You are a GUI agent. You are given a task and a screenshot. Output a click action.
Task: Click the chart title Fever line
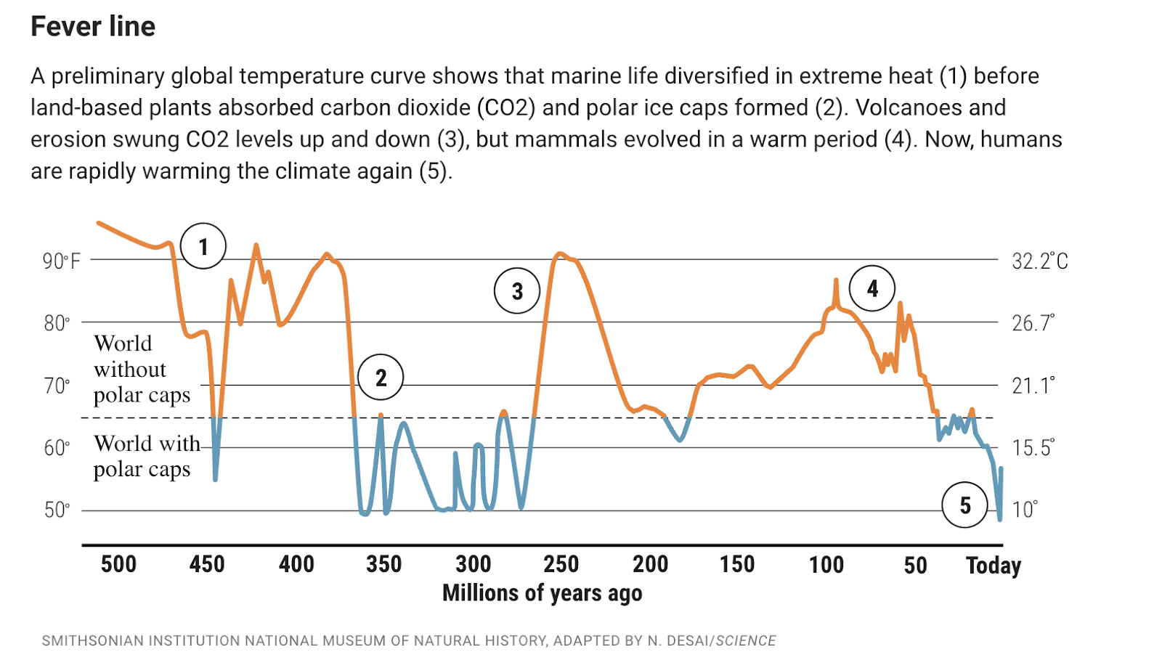tap(93, 27)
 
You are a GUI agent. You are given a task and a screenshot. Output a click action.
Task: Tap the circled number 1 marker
tap(203, 246)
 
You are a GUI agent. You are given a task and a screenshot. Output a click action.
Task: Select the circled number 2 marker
tap(381, 378)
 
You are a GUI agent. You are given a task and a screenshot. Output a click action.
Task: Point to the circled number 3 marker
tap(517, 291)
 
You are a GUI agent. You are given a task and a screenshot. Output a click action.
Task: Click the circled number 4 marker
tap(872, 288)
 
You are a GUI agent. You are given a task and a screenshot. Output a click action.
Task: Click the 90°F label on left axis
tap(61, 261)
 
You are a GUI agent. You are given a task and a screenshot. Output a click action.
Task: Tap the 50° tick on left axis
tap(57, 510)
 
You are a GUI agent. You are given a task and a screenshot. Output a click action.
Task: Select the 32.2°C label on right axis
tap(1039, 261)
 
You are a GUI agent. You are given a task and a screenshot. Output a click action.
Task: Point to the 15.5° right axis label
tap(1033, 447)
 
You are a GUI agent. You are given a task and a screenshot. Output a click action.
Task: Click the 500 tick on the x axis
tap(118, 564)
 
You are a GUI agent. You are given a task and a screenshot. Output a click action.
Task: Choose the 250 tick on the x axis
tap(561, 564)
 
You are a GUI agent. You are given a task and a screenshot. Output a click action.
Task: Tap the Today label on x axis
tap(993, 565)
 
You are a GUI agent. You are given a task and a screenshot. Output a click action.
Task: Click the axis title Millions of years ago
tap(542, 593)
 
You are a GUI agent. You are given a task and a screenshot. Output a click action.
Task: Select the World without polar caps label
tap(142, 369)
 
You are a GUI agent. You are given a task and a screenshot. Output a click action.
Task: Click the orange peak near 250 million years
tap(559, 253)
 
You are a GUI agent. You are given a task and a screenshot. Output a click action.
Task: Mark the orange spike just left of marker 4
tap(836, 280)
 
